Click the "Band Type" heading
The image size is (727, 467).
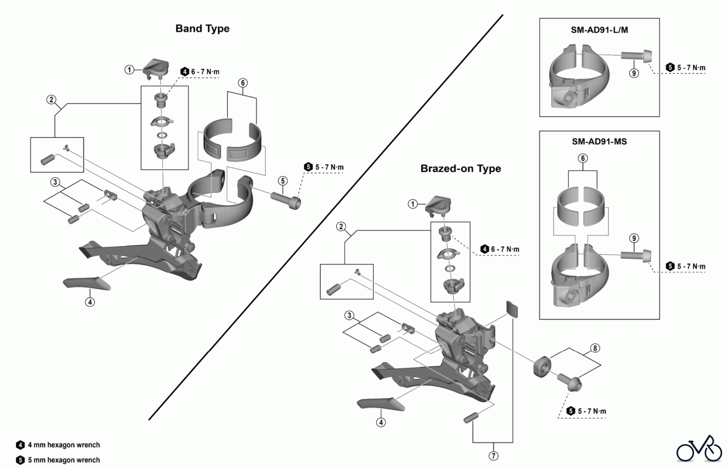point(202,29)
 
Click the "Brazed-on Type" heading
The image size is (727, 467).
point(460,169)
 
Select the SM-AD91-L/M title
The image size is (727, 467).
point(599,30)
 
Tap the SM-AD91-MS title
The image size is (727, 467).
point(599,142)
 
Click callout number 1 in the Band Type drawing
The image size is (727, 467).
point(129,70)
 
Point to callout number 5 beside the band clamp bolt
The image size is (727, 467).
point(283,180)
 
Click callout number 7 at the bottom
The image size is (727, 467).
point(493,456)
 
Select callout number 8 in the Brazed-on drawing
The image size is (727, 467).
point(595,348)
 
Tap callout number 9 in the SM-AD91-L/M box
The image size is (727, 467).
point(634,73)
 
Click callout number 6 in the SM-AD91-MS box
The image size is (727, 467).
point(583,158)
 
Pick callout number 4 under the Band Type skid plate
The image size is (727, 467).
point(90,302)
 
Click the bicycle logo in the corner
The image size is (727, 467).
point(699,449)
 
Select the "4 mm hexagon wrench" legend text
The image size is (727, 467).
point(64,445)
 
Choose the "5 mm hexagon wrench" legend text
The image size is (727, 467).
point(64,460)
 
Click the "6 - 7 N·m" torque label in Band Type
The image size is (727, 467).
point(205,72)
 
